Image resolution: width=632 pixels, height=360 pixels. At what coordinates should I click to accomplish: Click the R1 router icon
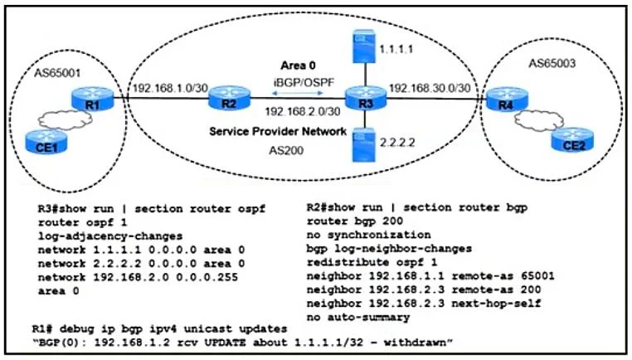pos(93,100)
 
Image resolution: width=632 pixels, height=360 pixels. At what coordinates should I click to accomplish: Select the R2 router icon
pos(230,98)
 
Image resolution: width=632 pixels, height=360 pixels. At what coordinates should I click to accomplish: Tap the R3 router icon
pos(366,98)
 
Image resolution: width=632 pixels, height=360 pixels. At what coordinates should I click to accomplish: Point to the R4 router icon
pos(507,100)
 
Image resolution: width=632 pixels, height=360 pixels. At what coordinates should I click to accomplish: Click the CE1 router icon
pos(46,142)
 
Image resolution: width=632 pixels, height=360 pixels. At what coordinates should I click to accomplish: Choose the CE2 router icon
pos(573,140)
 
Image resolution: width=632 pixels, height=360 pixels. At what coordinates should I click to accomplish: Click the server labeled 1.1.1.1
pos(364,46)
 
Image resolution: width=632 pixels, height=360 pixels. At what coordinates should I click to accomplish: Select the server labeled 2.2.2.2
pos(364,145)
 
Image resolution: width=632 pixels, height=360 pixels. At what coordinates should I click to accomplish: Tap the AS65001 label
pos(57,73)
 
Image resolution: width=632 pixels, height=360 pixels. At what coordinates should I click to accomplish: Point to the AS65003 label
pos(552,63)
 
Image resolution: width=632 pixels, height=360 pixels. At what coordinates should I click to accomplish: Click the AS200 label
pos(286,151)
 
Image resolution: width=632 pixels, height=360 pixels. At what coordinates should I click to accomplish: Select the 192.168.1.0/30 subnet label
pos(171,88)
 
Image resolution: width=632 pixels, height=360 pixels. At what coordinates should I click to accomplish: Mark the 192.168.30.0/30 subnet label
pos(430,88)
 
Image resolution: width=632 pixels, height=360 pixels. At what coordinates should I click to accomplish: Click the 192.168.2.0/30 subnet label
pos(302,112)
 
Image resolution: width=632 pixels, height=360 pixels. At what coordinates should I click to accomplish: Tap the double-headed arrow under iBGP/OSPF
pos(298,93)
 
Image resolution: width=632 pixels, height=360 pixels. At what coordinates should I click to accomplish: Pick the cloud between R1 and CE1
pos(66,119)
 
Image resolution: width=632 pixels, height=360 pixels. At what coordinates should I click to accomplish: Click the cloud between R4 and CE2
pos(539,120)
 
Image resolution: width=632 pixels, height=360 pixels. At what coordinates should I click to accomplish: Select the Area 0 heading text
pos(299,66)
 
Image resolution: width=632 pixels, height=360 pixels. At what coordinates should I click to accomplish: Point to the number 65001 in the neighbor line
pos(537,276)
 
